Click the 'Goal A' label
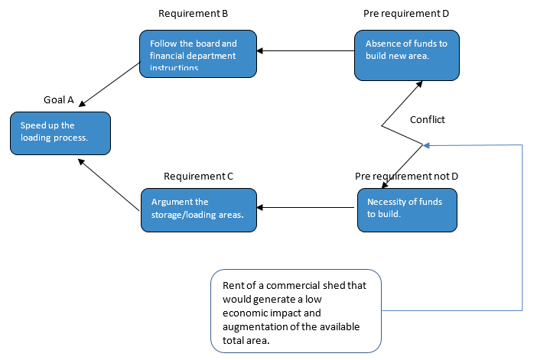coord(58,99)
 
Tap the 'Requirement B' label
coord(193,14)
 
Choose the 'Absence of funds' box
coord(407,55)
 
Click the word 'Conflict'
coord(427,119)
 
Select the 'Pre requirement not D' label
coord(406,176)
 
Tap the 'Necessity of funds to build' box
coord(407,208)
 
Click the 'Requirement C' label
coord(198,176)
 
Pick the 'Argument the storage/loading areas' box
coord(198,208)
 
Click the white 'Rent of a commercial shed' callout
coord(296,310)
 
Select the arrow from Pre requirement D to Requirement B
coord(305,51)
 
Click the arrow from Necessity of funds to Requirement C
coord(306,208)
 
